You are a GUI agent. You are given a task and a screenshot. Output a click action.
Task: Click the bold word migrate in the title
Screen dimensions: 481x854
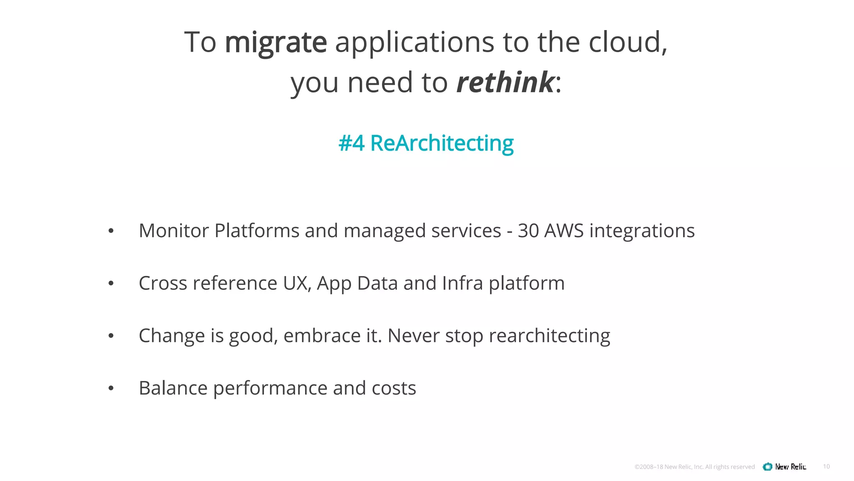tap(276, 43)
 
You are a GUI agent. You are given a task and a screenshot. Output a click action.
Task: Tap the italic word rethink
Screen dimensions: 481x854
tap(505, 82)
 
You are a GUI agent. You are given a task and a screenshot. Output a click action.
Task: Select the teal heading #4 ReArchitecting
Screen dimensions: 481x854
tap(426, 143)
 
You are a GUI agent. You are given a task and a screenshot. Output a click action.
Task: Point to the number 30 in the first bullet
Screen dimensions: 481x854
tap(528, 231)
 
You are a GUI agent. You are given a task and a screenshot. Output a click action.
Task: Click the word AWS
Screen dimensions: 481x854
tap(564, 231)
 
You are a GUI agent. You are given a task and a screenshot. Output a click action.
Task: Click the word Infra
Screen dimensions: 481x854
tap(462, 284)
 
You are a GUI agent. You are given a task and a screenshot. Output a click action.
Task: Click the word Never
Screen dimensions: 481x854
tap(413, 336)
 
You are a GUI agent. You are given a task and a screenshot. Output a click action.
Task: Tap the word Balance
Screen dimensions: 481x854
tap(173, 388)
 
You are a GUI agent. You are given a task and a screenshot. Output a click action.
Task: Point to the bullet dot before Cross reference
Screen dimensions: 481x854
tap(111, 284)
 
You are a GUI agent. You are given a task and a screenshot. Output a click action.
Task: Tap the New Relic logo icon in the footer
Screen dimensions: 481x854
tap(767, 467)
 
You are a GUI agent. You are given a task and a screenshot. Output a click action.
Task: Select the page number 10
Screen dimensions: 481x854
tap(826, 466)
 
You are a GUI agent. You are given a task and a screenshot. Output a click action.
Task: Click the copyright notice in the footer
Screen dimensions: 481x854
tap(694, 467)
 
